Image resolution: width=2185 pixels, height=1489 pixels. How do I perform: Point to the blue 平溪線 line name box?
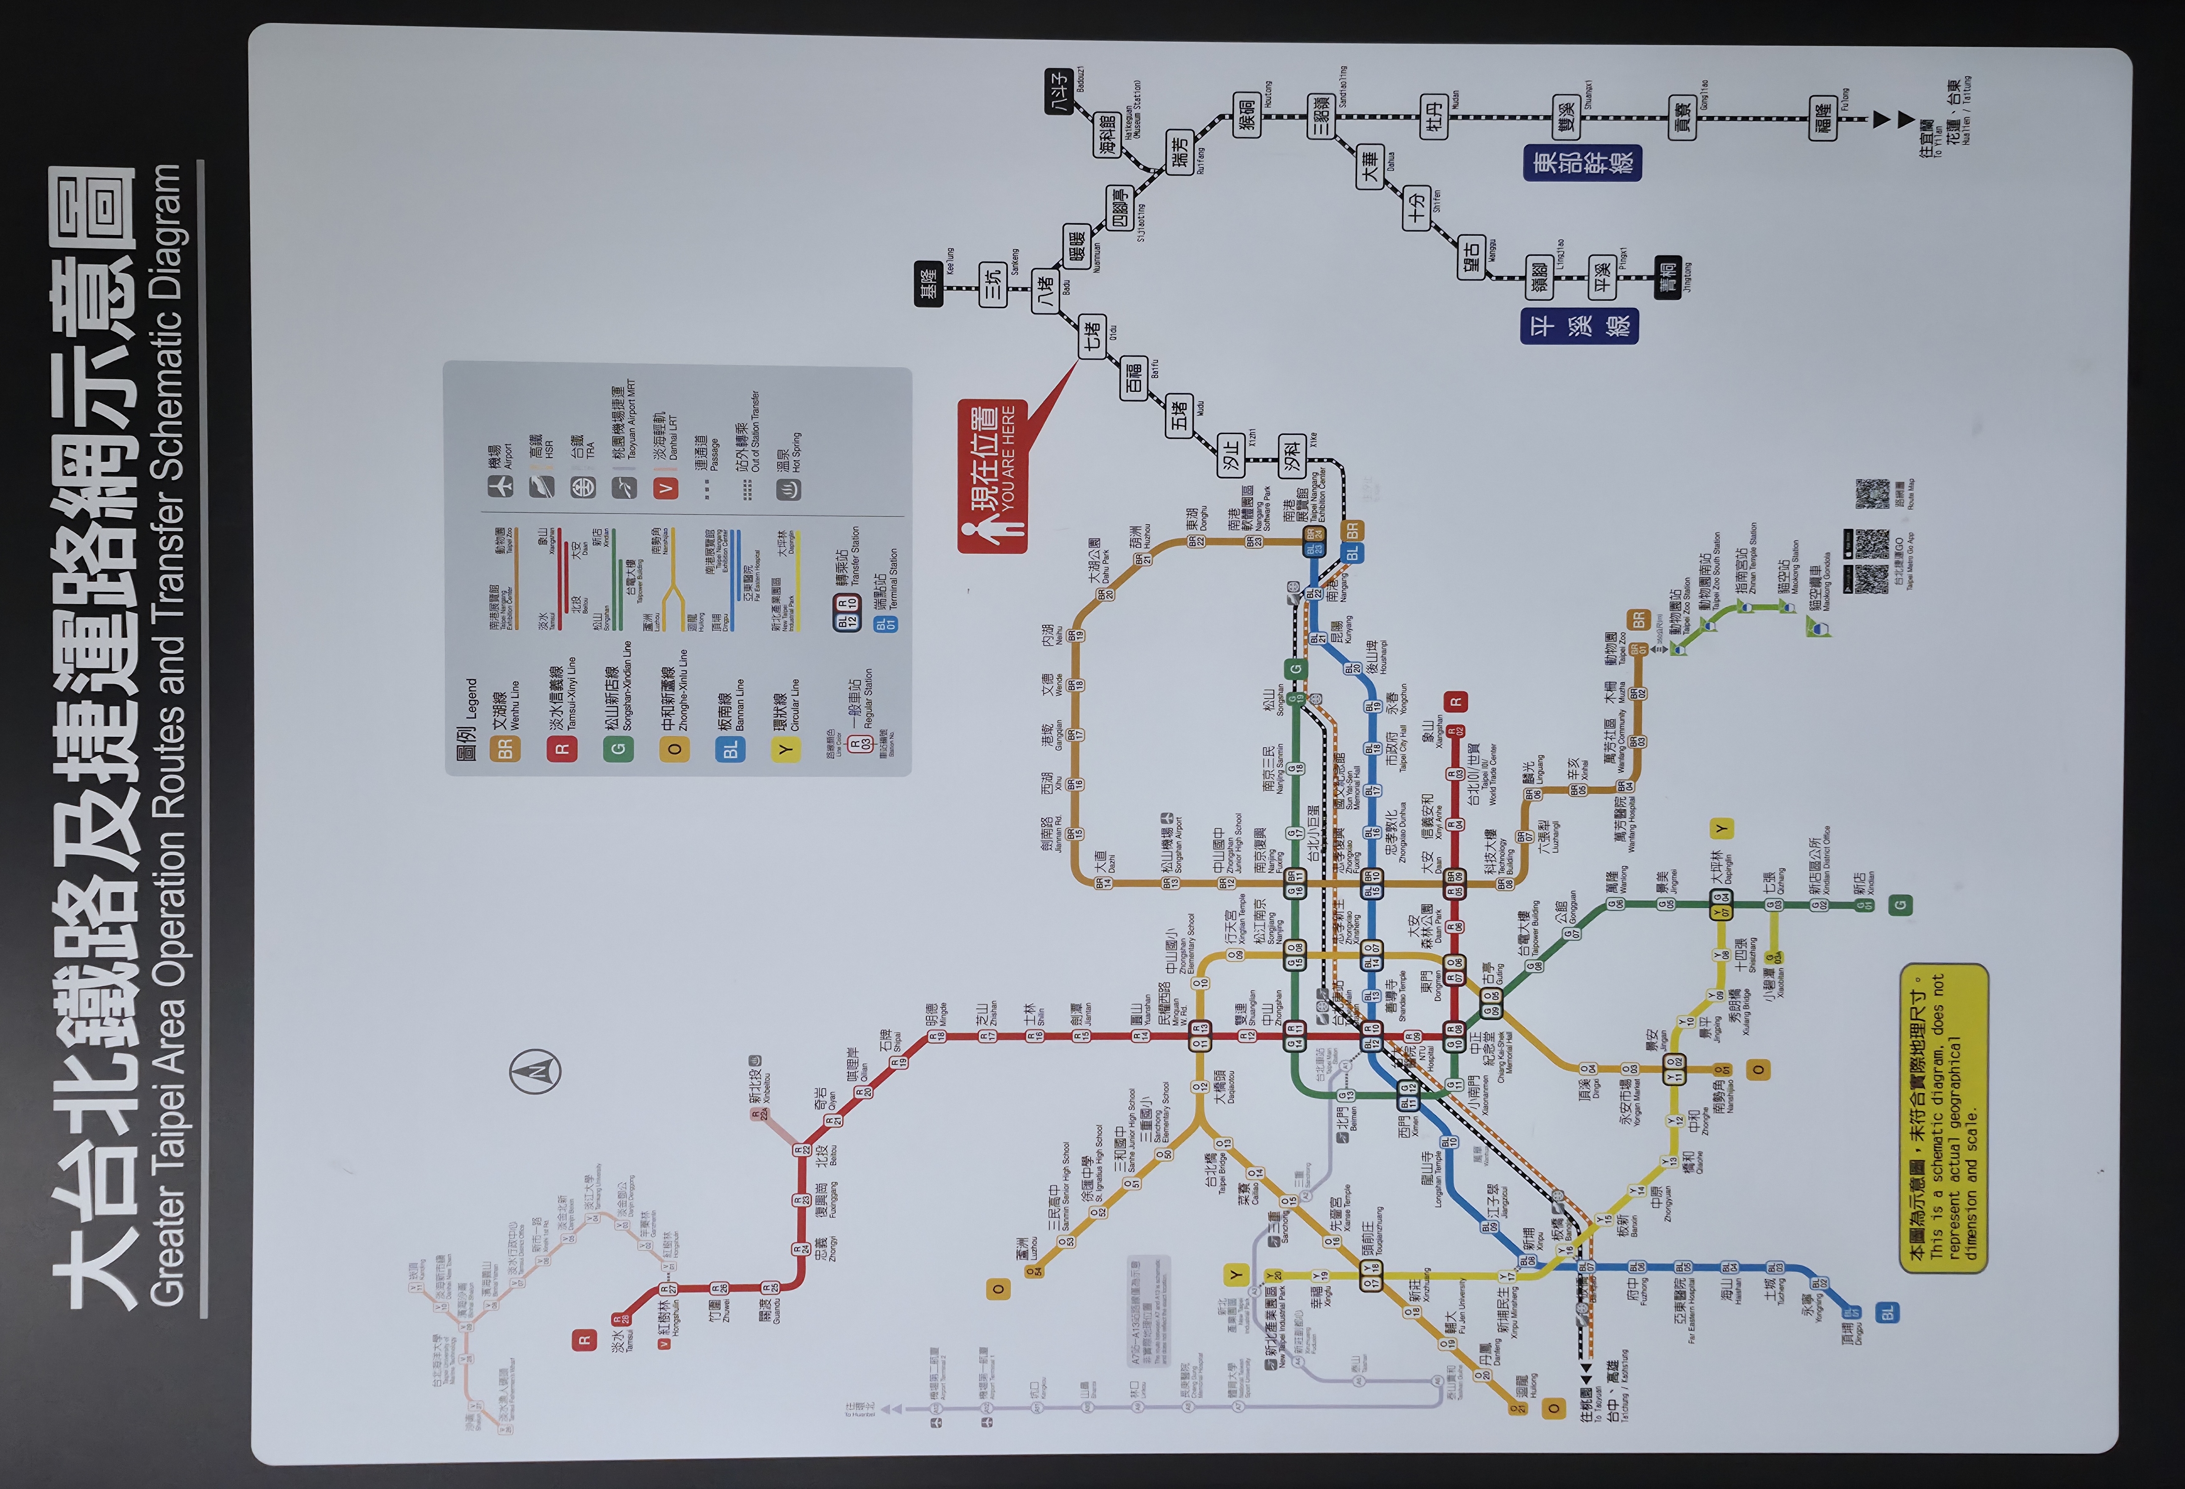(1580, 325)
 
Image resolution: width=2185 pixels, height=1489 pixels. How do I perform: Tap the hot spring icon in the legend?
(788, 488)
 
